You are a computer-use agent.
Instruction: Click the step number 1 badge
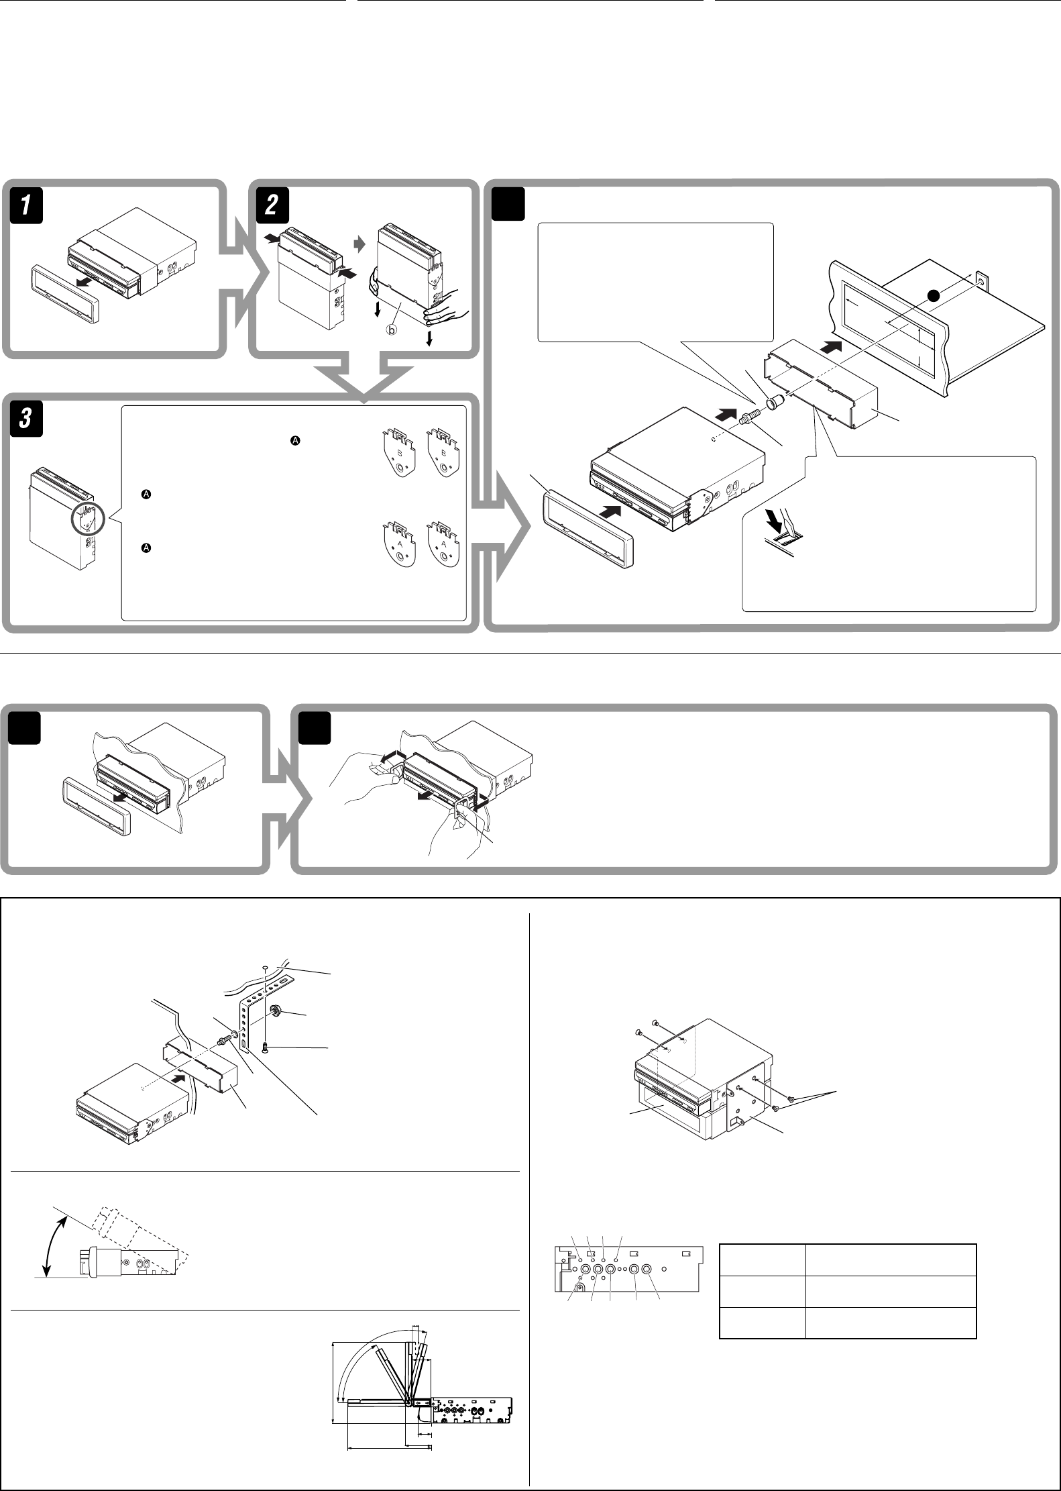click(x=26, y=205)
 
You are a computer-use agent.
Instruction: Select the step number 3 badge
click(x=26, y=425)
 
